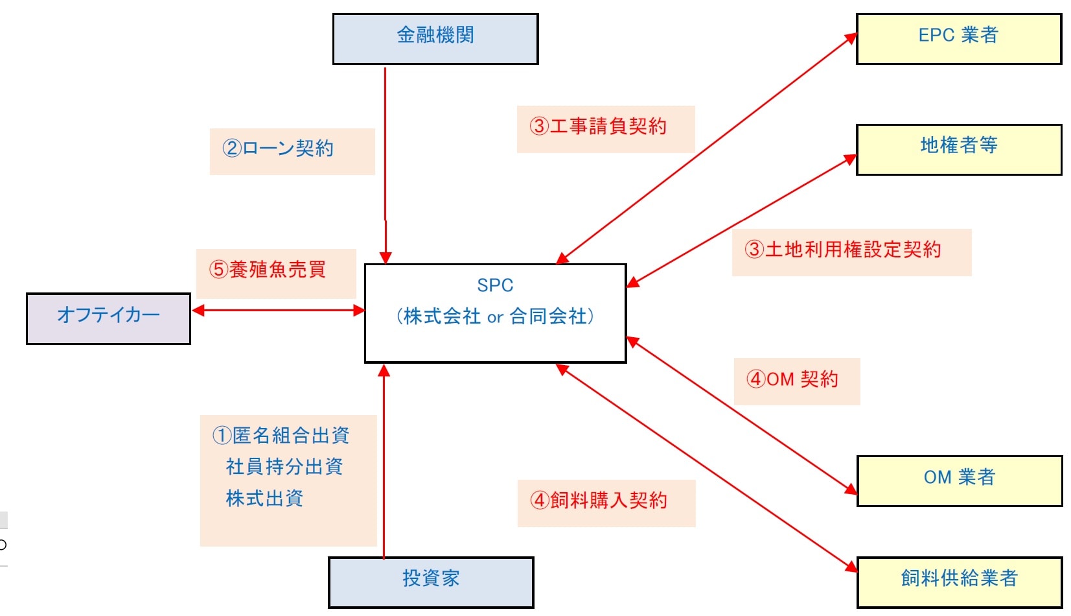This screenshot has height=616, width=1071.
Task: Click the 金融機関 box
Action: pos(435,39)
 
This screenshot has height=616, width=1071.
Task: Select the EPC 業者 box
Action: pos(958,39)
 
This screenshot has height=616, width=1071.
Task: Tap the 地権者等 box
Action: pos(958,149)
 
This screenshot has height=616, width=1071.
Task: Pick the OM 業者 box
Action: pos(959,480)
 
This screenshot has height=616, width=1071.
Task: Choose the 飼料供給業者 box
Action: pos(959,582)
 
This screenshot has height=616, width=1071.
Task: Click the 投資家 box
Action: pos(431,582)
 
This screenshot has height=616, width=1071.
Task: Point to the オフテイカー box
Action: pos(108,318)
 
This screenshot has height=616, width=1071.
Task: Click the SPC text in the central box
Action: pos(495,285)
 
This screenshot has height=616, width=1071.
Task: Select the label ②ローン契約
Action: pos(278,148)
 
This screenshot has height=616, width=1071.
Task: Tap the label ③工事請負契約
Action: pos(598,126)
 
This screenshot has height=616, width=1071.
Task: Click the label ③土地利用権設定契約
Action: pos(842,250)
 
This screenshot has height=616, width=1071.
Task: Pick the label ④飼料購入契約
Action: pos(599,501)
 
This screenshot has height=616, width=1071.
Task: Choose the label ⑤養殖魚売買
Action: pos(267,270)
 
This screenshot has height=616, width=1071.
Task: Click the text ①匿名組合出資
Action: pos(281,436)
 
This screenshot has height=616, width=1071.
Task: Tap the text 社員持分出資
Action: pos(284,467)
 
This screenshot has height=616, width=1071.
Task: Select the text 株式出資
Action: pos(264,499)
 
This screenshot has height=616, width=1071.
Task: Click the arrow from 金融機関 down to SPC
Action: pos(386,162)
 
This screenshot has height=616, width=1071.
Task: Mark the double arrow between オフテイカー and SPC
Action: pos(279,311)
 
